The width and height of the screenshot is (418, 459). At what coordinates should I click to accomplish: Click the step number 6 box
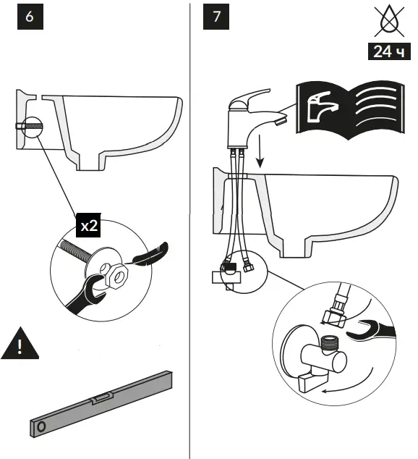point(30,16)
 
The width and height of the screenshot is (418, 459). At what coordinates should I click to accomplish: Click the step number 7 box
point(217,16)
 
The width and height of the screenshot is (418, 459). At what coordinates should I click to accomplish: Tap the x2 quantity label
point(89,225)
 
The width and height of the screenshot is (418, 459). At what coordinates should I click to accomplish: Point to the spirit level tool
point(101,403)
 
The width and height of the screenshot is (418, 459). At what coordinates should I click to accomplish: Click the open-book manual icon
point(350,109)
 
